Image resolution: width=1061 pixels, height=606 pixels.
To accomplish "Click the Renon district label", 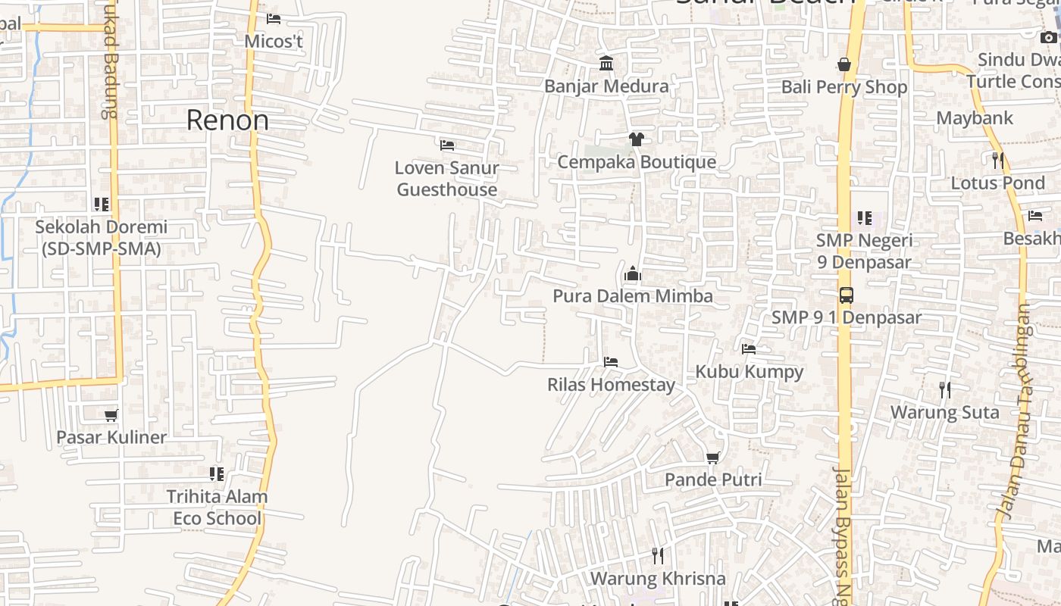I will [x=227, y=120].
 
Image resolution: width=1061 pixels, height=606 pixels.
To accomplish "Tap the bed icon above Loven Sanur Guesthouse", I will [x=447, y=144].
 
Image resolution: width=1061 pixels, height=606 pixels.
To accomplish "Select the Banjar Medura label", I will [x=606, y=86].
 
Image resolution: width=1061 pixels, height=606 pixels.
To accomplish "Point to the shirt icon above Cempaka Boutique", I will [x=636, y=139].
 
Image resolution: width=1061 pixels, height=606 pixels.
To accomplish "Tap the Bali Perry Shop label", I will [x=844, y=87].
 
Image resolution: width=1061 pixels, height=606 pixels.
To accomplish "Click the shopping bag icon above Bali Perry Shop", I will [x=844, y=64].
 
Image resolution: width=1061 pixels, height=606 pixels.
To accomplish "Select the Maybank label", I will [x=975, y=118].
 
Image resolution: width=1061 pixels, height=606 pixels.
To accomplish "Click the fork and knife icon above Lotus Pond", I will [x=998, y=160].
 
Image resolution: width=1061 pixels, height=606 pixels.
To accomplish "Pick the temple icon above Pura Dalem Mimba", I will [x=633, y=273].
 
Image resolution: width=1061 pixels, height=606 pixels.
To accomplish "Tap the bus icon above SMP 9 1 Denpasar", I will [x=846, y=295].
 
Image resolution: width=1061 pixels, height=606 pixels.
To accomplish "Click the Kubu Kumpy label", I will [x=749, y=372].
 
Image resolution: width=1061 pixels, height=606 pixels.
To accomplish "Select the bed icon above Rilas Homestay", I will [x=611, y=361].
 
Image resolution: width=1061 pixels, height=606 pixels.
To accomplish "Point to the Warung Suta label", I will [x=944, y=413].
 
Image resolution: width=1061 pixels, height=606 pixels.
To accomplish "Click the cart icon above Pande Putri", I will [x=712, y=457].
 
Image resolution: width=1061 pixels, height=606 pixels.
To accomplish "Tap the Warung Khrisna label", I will [x=658, y=579].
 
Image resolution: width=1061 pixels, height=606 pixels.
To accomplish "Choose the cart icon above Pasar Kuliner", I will [x=111, y=414].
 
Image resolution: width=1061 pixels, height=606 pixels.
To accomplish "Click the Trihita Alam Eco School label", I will [x=217, y=508].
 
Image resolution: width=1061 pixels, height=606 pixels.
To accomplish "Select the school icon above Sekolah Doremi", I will [x=102, y=204].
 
